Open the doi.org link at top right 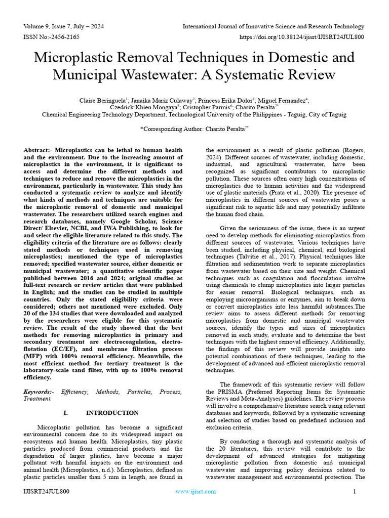[x=301, y=37]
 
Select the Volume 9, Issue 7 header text [x=59, y=26]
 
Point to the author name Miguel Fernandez [x=285, y=101]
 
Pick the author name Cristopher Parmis [x=209, y=108]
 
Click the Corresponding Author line [x=194, y=129]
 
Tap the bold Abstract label [x=38, y=151]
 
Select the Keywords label [x=39, y=392]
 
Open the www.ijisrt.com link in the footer [x=196, y=491]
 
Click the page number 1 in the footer [x=355, y=491]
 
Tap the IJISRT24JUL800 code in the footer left [x=47, y=491]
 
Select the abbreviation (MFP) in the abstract [x=33, y=356]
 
